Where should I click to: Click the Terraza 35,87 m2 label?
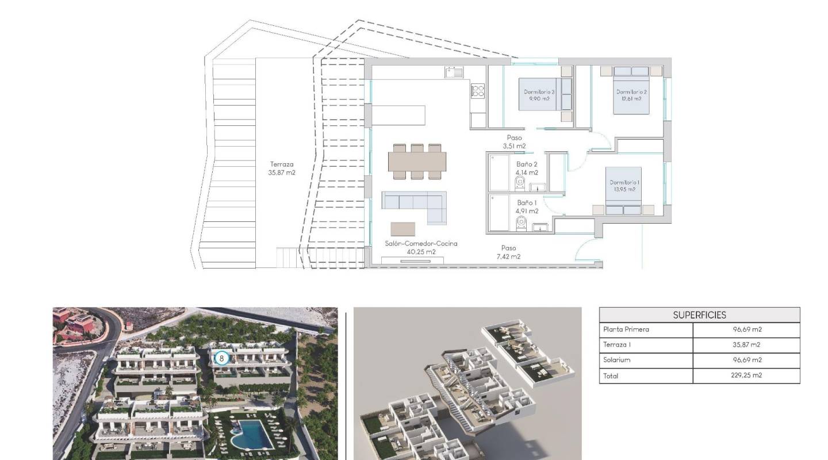click(282, 168)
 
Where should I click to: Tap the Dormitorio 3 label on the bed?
click(539, 95)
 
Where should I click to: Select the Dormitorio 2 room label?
click(631, 95)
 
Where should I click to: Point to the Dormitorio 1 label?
click(624, 185)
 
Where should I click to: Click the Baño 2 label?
click(527, 168)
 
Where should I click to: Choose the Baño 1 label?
click(527, 206)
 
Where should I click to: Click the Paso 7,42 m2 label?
click(508, 252)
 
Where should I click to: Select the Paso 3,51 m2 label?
click(514, 141)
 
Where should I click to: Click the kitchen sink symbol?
click(454, 72)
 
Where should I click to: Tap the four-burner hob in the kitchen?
click(478, 91)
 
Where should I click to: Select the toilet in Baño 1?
click(522, 221)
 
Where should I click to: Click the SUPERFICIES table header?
click(699, 315)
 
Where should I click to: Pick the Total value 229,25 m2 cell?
click(746, 375)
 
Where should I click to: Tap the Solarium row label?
click(616, 360)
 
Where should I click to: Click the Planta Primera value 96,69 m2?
click(746, 329)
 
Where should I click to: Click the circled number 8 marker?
click(221, 358)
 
